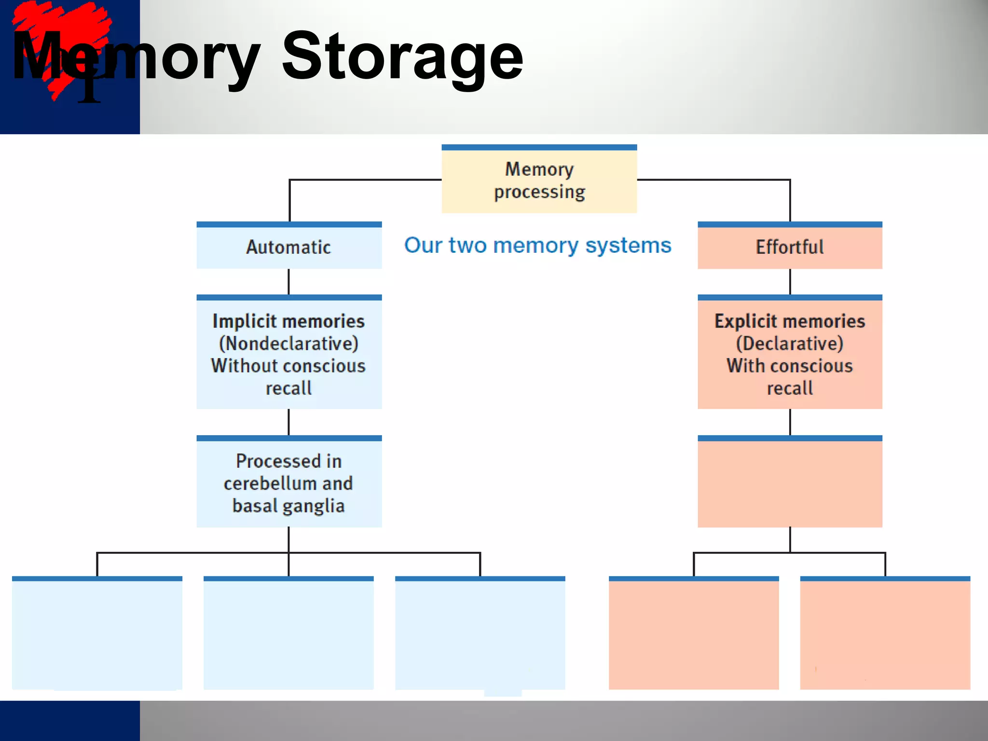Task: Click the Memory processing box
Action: coord(539,180)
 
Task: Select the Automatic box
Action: coord(289,247)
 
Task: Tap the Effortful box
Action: coord(790,247)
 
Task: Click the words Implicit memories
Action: coord(288,321)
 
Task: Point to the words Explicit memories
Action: coord(790,321)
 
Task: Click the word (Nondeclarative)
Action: coord(288,343)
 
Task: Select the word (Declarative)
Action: coord(790,343)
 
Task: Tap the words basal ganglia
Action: coord(288,506)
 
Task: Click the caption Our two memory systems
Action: coord(537,246)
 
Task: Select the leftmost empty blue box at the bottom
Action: coord(97,634)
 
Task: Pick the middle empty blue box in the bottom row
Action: coord(288,634)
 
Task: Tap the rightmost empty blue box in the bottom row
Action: coord(480,634)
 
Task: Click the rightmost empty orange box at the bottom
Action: coord(885,634)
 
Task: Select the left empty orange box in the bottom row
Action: coord(694,634)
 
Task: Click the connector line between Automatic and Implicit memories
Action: coord(288,281)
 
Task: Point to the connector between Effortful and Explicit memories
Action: coord(790,281)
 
